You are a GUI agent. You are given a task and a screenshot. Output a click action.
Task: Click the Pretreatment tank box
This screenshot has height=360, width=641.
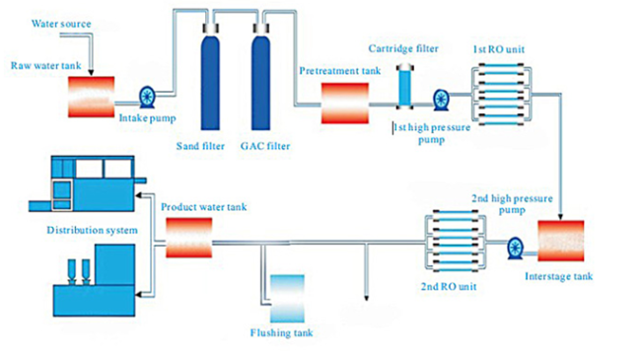[345, 102]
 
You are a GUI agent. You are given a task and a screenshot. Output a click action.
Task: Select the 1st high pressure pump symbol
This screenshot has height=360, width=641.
[440, 98]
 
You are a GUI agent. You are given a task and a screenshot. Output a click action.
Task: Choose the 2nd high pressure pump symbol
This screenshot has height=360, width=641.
[513, 247]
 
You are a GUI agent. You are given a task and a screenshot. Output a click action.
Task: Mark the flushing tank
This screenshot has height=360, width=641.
[293, 297]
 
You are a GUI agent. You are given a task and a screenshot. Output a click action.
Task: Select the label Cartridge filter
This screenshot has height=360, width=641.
[405, 47]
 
